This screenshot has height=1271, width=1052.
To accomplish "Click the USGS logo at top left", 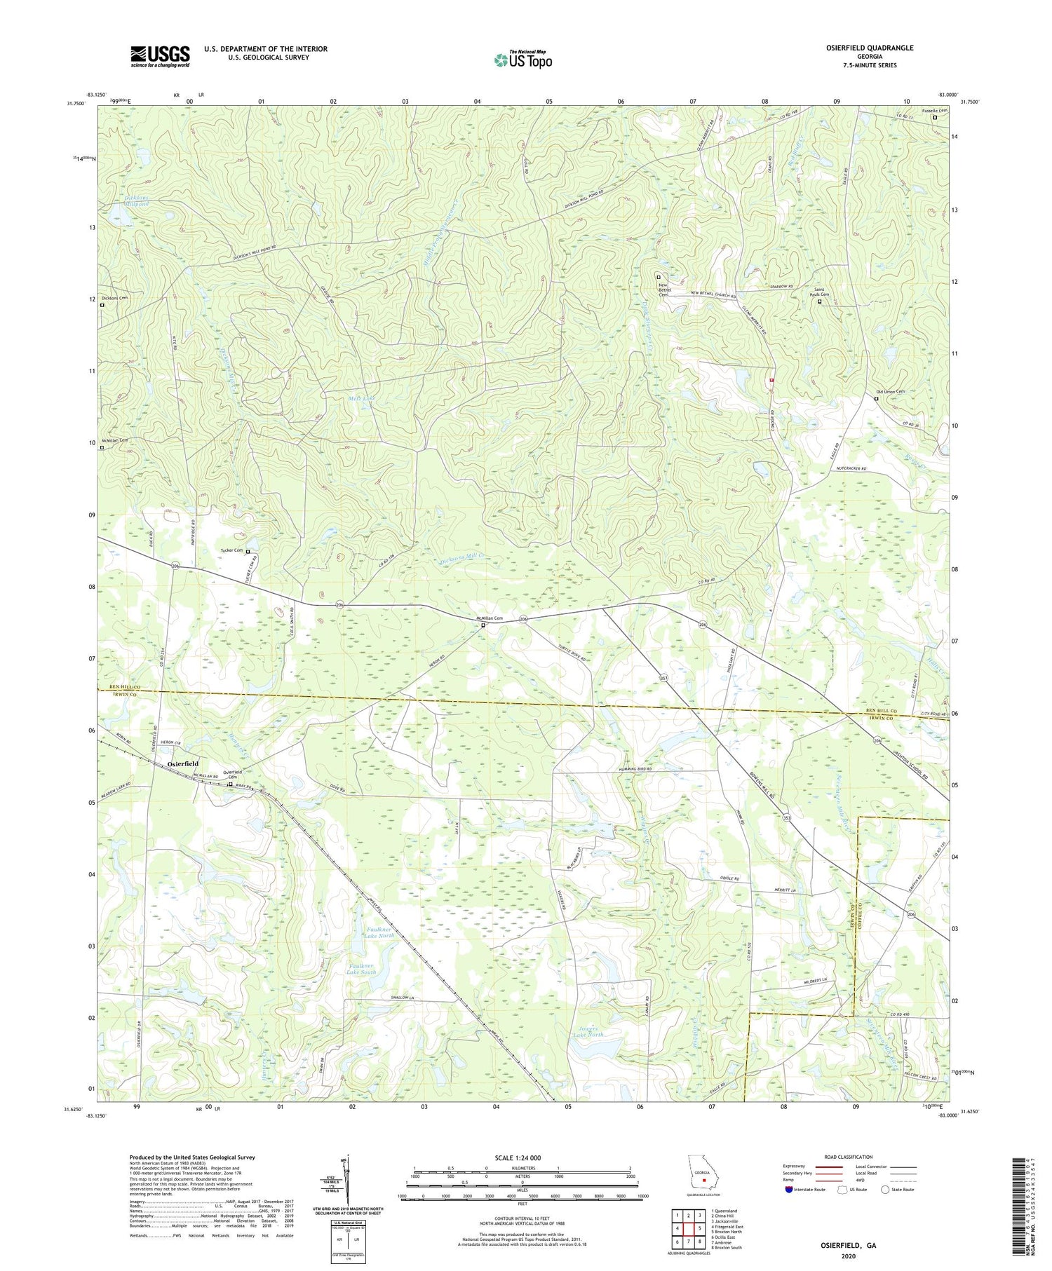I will tap(160, 56).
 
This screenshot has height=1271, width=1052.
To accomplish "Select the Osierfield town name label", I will tap(182, 763).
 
